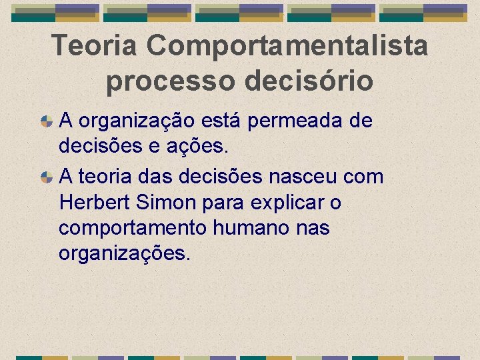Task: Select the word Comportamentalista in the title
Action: [288, 46]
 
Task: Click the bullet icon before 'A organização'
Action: [47, 121]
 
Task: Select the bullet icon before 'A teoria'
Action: [47, 177]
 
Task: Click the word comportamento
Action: [133, 228]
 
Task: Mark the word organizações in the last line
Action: [125, 253]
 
